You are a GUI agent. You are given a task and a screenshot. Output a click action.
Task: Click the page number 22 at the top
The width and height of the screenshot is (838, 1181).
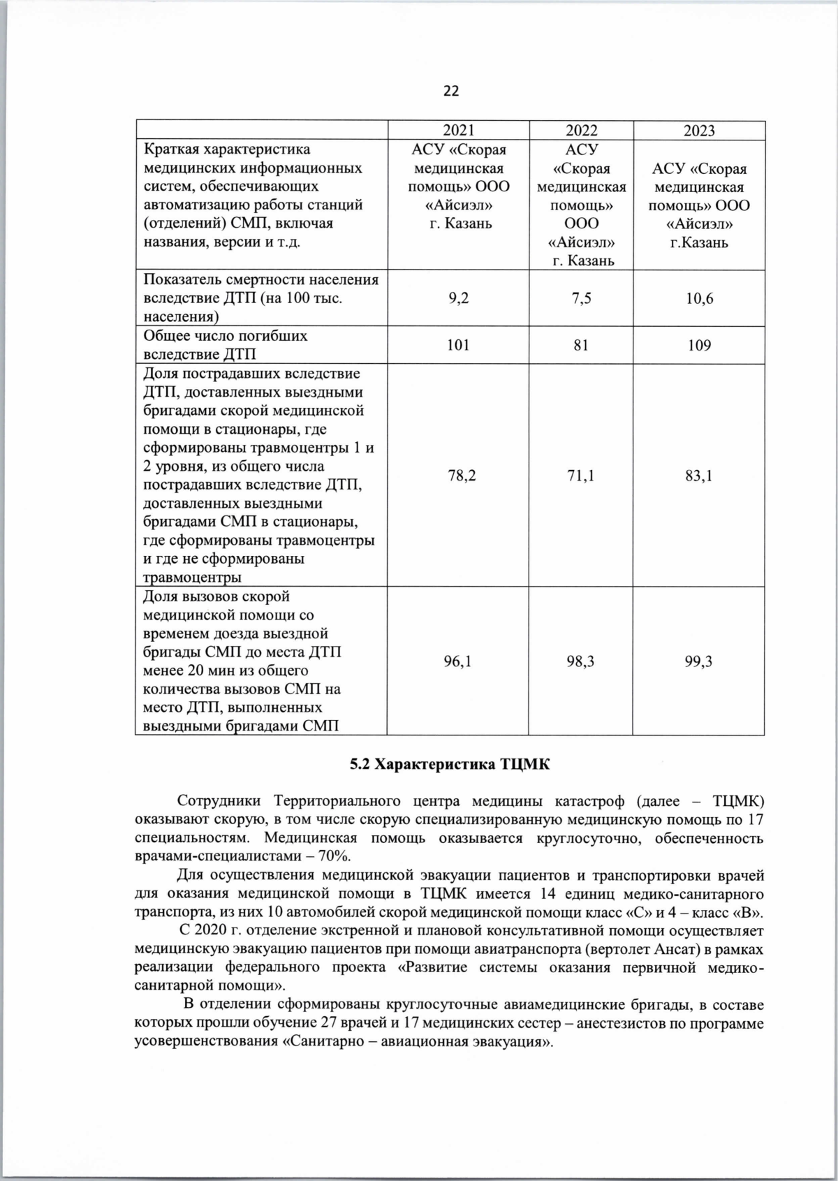pos(450,91)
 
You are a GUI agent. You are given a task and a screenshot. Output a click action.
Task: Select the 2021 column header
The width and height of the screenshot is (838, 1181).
pos(458,131)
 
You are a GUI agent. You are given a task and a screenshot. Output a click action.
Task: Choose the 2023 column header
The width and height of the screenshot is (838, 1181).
pos(699,131)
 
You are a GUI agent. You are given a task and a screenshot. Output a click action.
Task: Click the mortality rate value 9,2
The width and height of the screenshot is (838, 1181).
pos(458,299)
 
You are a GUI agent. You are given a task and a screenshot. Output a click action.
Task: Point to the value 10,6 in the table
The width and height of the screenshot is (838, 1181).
pos(699,299)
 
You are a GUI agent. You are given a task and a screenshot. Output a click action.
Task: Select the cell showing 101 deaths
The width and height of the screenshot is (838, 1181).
pos(458,345)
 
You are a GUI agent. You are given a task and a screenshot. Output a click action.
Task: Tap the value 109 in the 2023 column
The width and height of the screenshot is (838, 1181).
pos(699,345)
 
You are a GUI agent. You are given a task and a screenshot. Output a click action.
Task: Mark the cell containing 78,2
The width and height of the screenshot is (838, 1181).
pos(458,476)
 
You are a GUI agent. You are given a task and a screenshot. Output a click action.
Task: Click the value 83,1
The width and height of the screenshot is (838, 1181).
pos(699,476)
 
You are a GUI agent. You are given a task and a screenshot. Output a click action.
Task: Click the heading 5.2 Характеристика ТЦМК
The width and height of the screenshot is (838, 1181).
pos(450,764)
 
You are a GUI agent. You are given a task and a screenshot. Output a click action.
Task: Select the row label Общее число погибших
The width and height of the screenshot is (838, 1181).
pos(225,336)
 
